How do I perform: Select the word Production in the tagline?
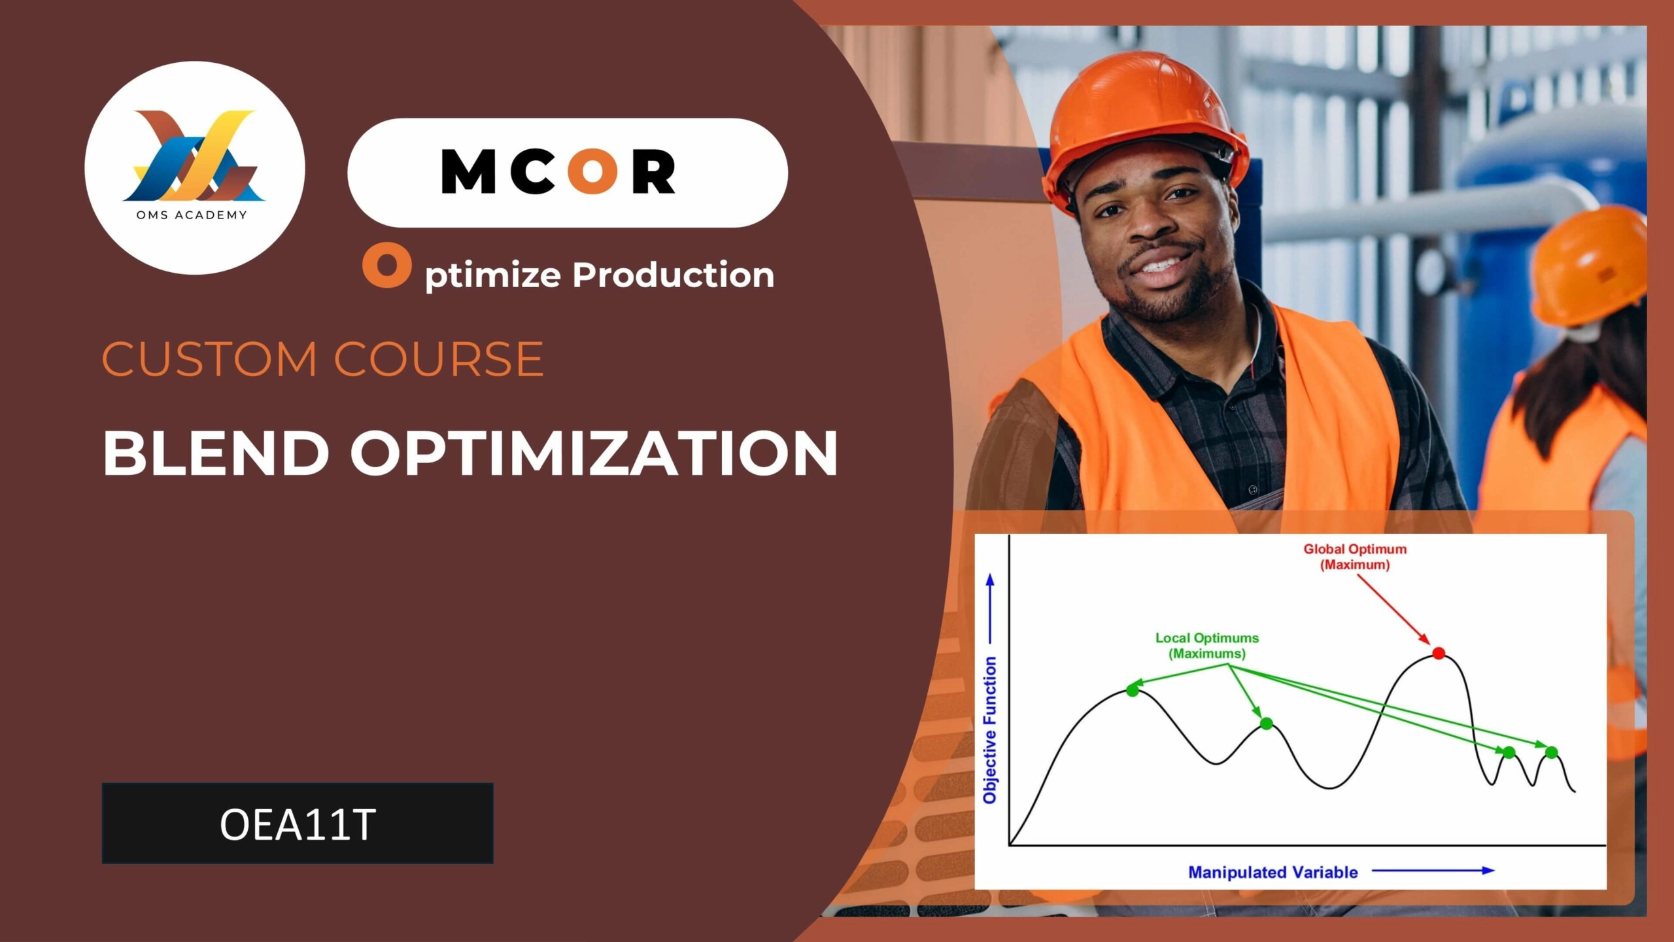pyautogui.click(x=673, y=274)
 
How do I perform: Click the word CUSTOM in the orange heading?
pyautogui.click(x=209, y=359)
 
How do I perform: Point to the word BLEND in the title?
pyautogui.click(x=216, y=453)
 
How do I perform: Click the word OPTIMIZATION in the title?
pyautogui.click(x=594, y=453)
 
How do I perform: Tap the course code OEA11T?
pyautogui.click(x=298, y=824)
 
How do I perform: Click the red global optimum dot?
pyautogui.click(x=1439, y=653)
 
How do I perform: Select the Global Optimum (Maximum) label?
pyautogui.click(x=1355, y=557)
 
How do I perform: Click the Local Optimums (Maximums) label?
pyautogui.click(x=1207, y=646)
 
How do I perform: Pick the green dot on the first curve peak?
pyautogui.click(x=1133, y=690)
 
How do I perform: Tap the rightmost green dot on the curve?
pyautogui.click(x=1552, y=752)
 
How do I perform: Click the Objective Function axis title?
pyautogui.click(x=990, y=730)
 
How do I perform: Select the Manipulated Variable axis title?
pyautogui.click(x=1273, y=872)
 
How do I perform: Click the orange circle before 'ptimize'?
pyautogui.click(x=387, y=266)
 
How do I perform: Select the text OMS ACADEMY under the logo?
pyautogui.click(x=192, y=215)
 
